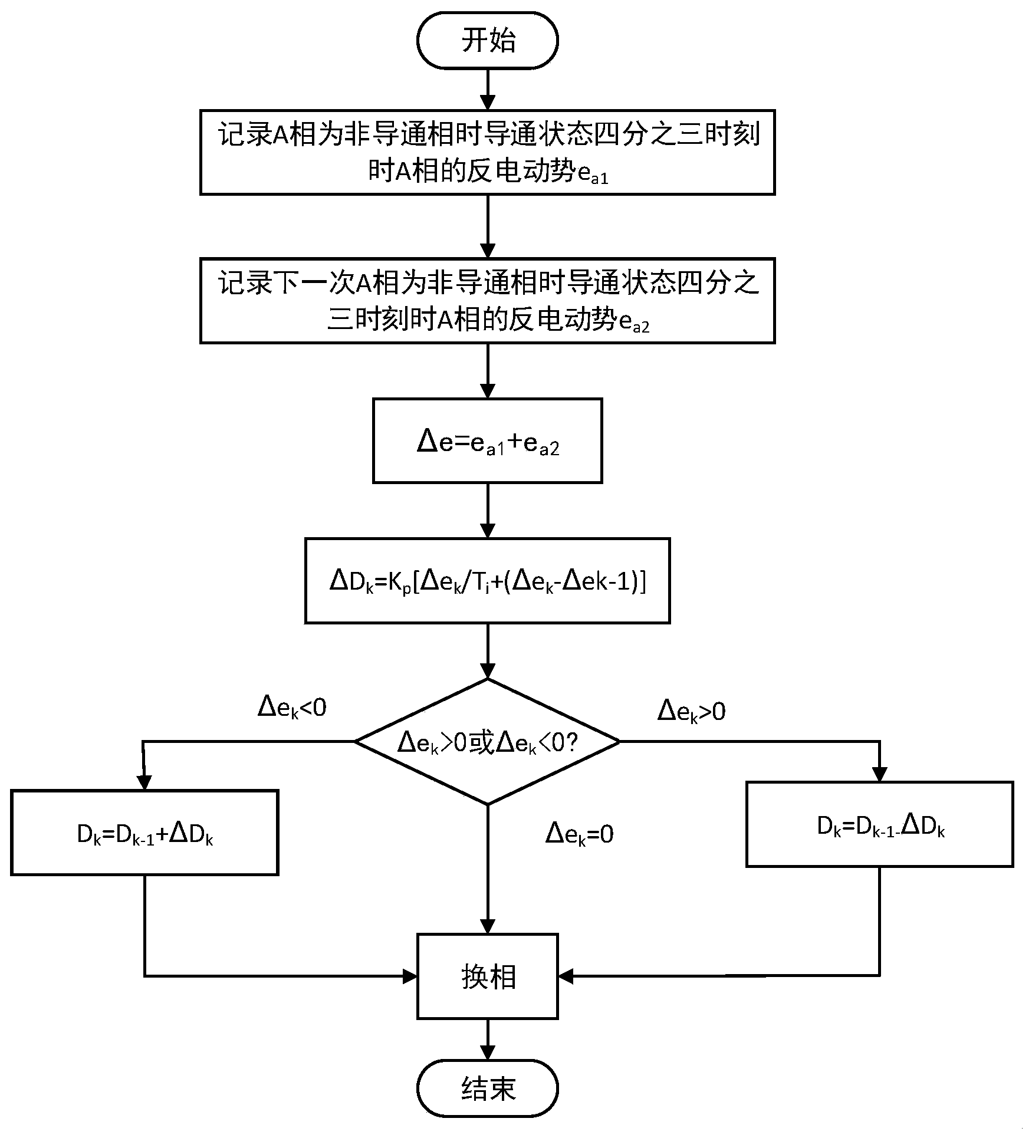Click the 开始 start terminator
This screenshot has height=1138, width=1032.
(x=487, y=41)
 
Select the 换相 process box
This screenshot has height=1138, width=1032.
(x=487, y=976)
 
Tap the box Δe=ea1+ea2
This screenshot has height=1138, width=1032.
(x=487, y=441)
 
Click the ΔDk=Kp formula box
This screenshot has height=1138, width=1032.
(x=487, y=581)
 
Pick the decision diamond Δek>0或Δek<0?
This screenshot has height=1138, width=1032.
(x=487, y=742)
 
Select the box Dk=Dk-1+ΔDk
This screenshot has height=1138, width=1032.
(x=144, y=833)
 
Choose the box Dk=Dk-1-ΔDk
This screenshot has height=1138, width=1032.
(x=879, y=825)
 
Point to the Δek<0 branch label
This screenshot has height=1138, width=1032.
(x=292, y=708)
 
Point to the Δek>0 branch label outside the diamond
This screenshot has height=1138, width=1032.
(x=691, y=711)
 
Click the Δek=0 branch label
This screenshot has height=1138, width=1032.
(x=579, y=834)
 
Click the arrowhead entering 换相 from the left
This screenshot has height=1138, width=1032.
(x=410, y=976)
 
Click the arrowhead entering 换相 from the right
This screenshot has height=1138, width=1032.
(x=565, y=976)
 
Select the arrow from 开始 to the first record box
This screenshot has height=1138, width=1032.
(x=487, y=90)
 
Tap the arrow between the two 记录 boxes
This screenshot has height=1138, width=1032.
(x=487, y=226)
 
